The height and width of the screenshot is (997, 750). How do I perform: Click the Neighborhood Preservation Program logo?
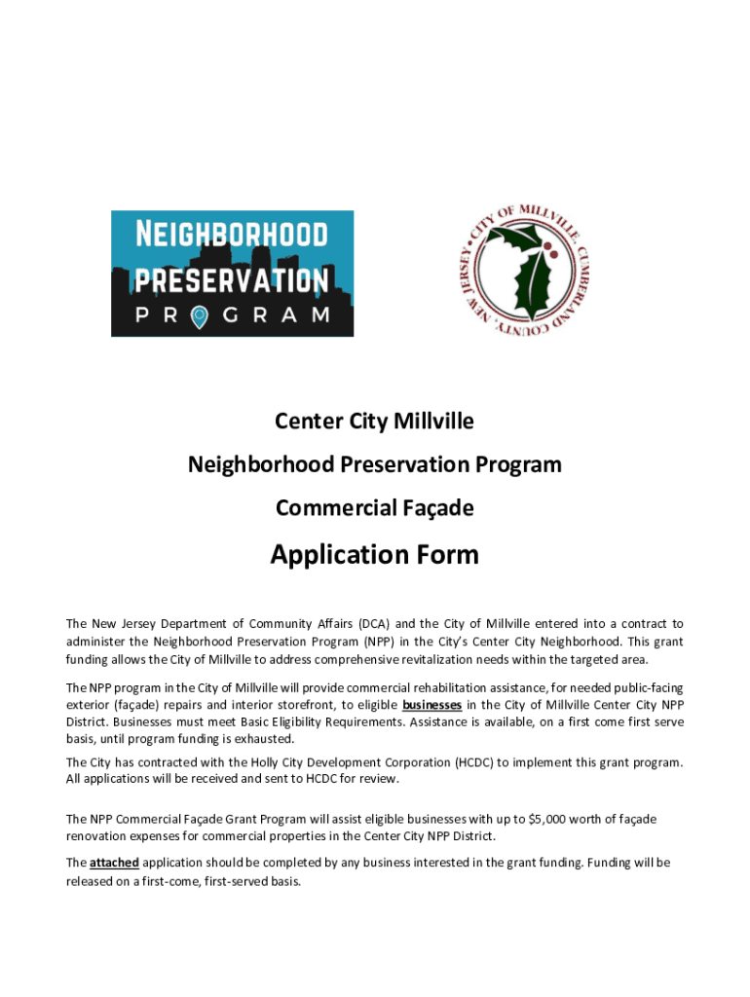(232, 274)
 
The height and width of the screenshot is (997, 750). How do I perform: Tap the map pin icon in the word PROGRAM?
(200, 315)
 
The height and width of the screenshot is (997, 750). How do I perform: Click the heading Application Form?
(374, 555)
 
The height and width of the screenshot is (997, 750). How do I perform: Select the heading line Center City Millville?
(374, 422)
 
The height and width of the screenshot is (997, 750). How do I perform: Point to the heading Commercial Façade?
(374, 508)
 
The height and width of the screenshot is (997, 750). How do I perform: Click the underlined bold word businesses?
(431, 705)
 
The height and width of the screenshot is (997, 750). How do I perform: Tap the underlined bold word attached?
(114, 863)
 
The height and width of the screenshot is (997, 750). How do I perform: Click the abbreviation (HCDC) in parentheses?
(466, 761)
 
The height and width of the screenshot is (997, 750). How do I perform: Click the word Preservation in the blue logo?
(232, 280)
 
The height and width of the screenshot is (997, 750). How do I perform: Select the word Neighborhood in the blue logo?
(231, 235)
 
